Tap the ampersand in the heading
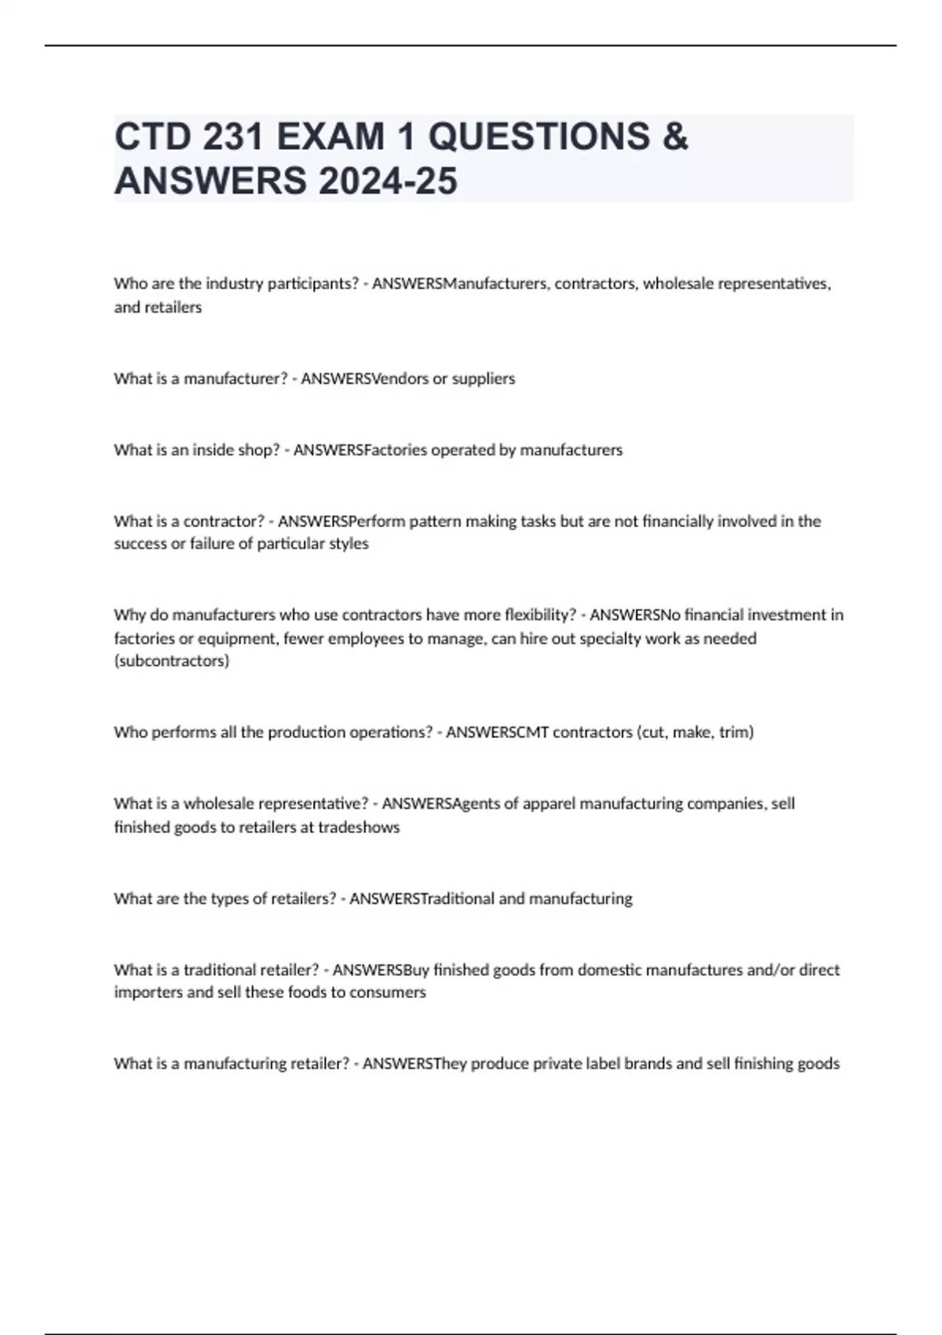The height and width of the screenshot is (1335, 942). pos(675,137)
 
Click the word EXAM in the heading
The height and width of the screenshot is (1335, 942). pos(330,137)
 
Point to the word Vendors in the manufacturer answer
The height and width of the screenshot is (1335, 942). pos(400,379)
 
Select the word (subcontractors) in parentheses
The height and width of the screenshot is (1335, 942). pos(172,661)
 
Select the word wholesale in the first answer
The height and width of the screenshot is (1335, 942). pos(677,283)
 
